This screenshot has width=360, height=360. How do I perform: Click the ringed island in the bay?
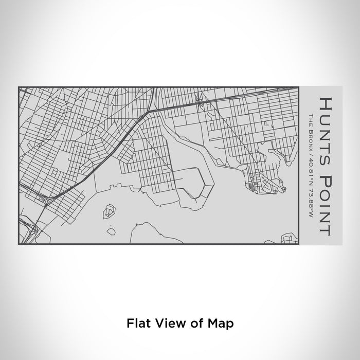109,210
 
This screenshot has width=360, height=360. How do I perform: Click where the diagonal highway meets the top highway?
151,110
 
